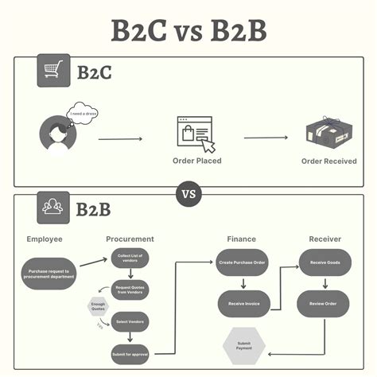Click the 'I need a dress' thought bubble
coord(84,113)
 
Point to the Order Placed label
coord(196,161)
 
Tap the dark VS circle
coord(188,192)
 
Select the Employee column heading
coord(44,239)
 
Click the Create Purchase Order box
coord(243,262)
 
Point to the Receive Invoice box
coord(243,302)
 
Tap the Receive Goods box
coord(325,262)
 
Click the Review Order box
coord(325,302)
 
